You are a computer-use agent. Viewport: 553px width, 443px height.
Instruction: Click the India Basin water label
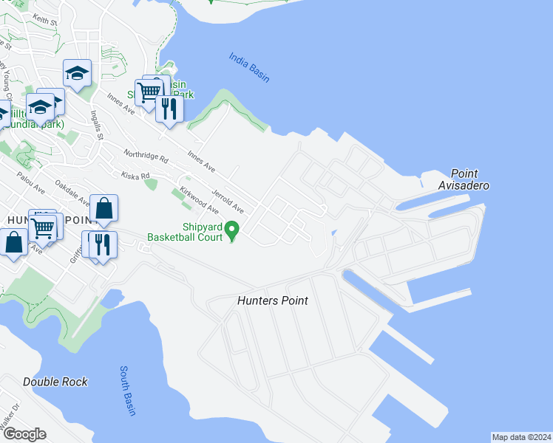click(x=249, y=67)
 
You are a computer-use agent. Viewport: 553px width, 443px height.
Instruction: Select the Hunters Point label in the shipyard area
click(x=272, y=301)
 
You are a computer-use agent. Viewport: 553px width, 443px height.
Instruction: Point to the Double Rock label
click(x=55, y=382)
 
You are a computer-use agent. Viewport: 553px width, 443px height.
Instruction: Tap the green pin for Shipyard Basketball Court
click(x=231, y=231)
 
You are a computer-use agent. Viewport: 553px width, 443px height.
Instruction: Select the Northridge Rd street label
click(x=146, y=157)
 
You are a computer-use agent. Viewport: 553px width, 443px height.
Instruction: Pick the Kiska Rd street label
click(x=135, y=176)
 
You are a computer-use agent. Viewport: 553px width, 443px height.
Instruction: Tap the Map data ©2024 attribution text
click(x=521, y=437)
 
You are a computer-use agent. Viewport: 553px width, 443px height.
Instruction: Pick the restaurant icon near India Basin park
click(x=169, y=109)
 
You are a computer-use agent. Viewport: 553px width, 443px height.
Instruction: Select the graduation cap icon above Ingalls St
click(x=77, y=73)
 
